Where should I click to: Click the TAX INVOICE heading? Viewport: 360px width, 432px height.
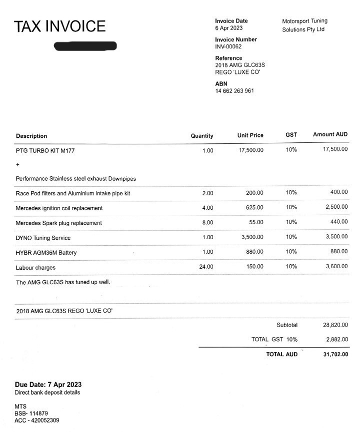(x=59, y=26)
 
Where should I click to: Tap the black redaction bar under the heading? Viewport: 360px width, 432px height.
(x=85, y=46)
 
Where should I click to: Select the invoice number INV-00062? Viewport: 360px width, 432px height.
(x=228, y=47)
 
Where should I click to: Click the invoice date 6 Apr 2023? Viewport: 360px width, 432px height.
(x=229, y=28)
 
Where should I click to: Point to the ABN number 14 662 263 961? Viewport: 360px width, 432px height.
(x=234, y=91)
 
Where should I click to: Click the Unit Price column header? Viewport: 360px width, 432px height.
(x=250, y=135)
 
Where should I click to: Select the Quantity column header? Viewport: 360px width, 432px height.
(x=202, y=136)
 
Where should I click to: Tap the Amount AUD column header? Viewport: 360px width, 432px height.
(x=330, y=135)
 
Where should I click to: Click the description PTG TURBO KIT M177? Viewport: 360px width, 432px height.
(x=45, y=150)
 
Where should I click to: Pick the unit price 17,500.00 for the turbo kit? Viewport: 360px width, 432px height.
(x=251, y=150)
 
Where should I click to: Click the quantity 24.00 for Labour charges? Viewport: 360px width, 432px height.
(x=206, y=267)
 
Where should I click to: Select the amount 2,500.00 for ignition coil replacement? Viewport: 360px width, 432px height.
(x=336, y=207)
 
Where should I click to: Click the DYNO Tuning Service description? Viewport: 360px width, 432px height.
(x=43, y=238)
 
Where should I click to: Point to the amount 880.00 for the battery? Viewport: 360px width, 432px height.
(x=338, y=252)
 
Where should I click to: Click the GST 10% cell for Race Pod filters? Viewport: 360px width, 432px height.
(x=291, y=193)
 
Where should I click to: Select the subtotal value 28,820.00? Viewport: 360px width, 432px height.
(x=335, y=325)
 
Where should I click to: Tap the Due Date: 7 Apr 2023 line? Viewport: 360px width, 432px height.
(x=48, y=385)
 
